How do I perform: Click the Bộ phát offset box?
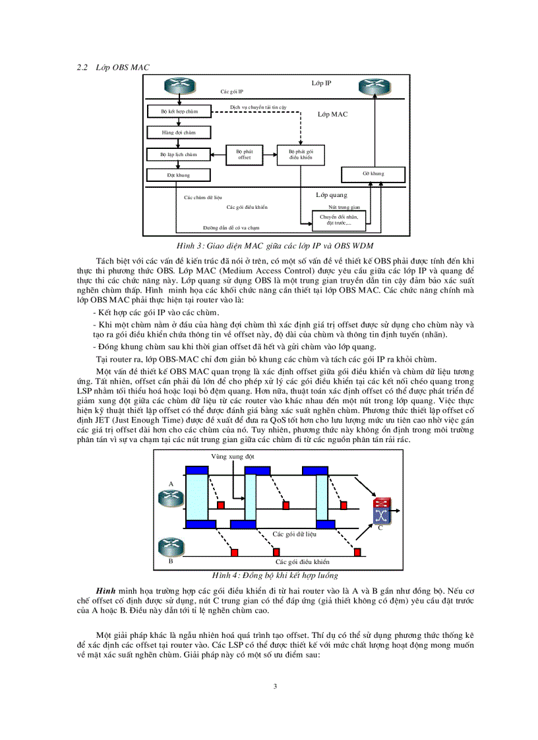(x=244, y=155)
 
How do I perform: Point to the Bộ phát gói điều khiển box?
(x=301, y=155)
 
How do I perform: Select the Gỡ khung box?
(x=373, y=174)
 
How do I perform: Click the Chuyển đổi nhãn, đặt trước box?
(x=336, y=219)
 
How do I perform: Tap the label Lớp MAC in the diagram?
(x=332, y=115)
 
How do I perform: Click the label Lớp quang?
(x=332, y=195)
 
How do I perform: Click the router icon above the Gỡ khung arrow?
(x=373, y=87)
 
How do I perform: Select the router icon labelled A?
(x=170, y=498)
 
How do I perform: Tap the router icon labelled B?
(x=170, y=546)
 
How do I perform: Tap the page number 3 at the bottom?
(x=275, y=687)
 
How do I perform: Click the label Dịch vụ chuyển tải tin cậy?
(x=258, y=106)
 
